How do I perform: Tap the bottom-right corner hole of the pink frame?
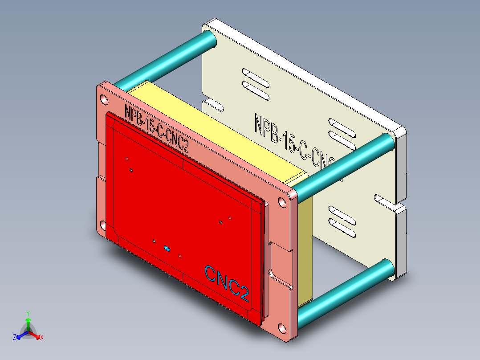(x=282, y=330)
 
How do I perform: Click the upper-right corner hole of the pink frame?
(x=282, y=203)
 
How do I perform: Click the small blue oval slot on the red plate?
(x=167, y=248)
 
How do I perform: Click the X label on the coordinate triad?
(x=42, y=337)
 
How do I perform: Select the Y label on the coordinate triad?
(x=28, y=313)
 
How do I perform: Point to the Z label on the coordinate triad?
(x=15, y=337)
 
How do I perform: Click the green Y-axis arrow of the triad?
(x=28, y=323)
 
